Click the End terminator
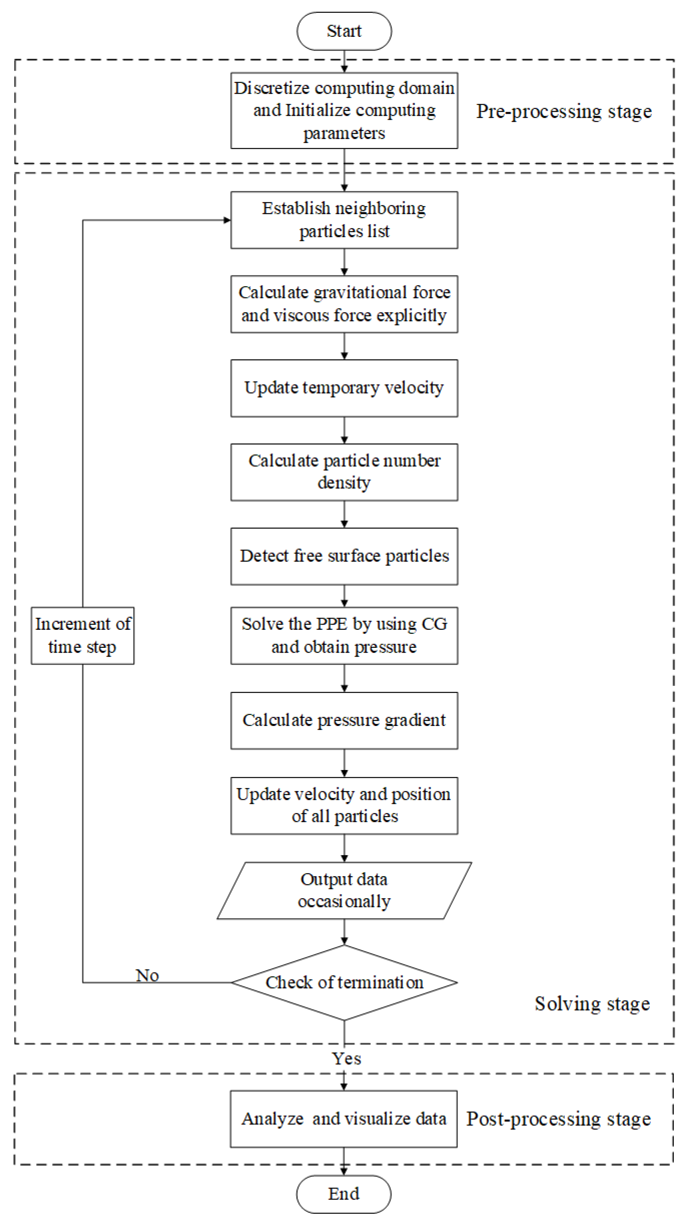[343, 1193]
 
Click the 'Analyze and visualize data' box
[343, 1119]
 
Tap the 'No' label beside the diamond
[147, 975]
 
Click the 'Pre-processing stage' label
[563, 112]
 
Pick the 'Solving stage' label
[591, 1003]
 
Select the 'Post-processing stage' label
[558, 1119]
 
